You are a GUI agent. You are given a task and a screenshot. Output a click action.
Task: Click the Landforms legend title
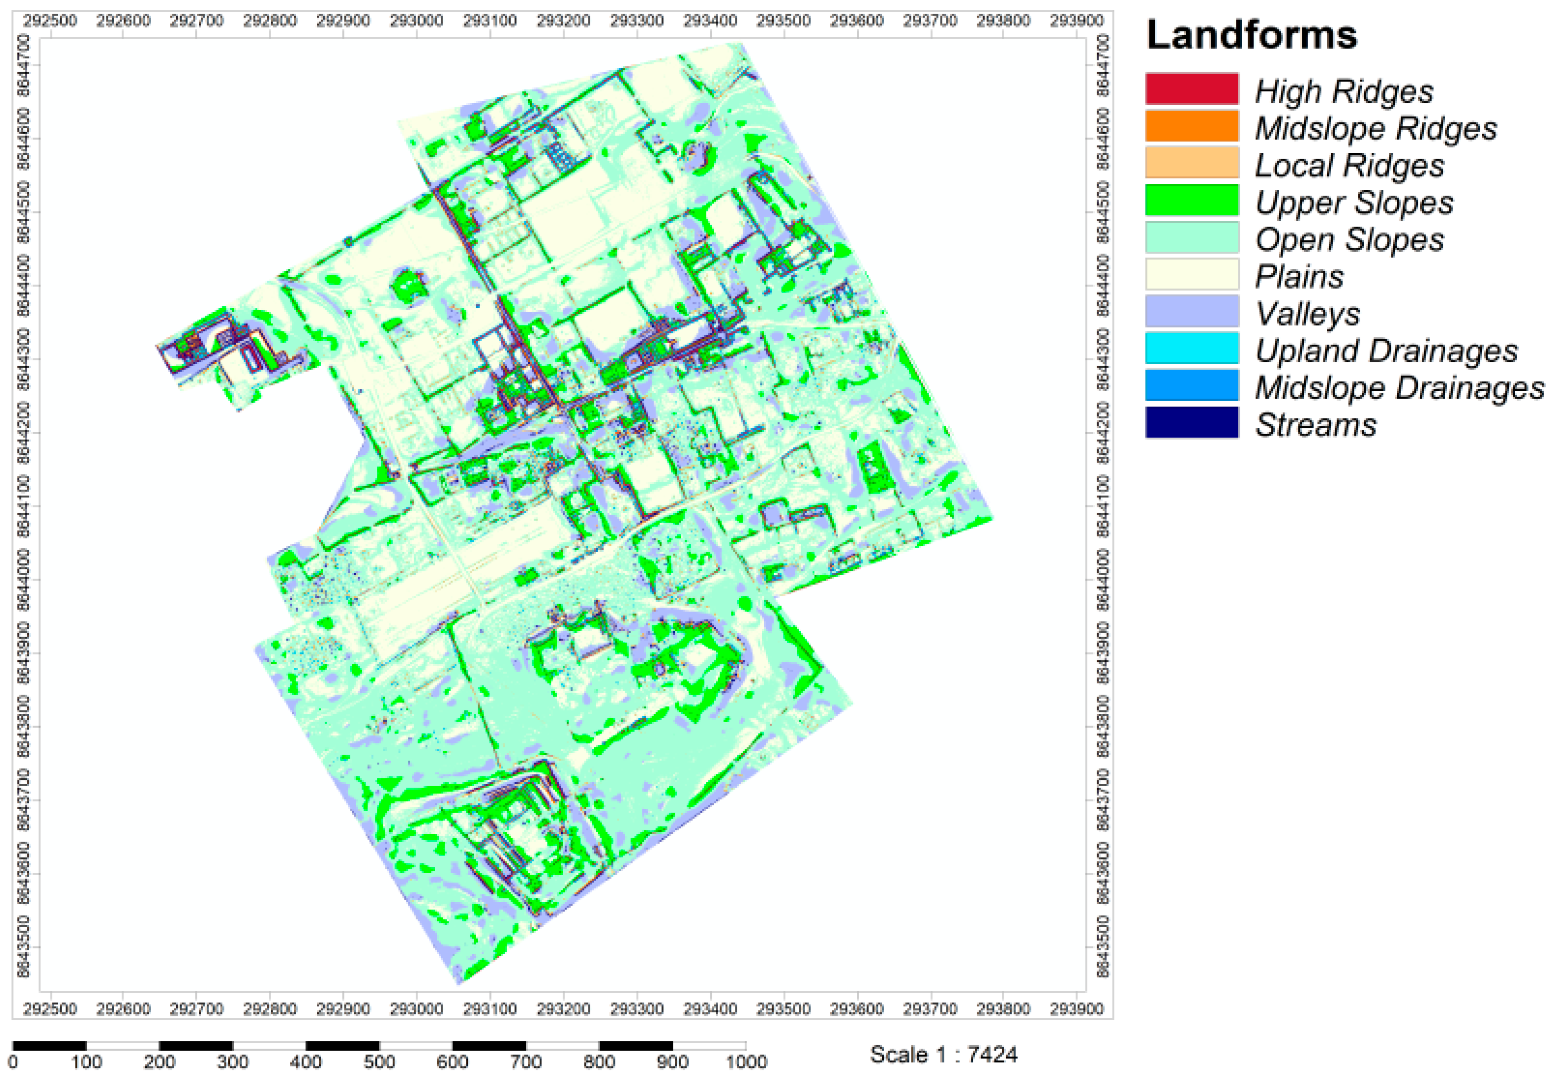click(1251, 35)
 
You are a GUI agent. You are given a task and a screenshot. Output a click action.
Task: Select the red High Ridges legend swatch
click(1192, 89)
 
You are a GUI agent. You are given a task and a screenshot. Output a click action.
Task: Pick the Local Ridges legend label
click(1349, 165)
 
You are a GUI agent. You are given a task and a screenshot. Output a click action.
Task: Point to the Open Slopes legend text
click(1349, 239)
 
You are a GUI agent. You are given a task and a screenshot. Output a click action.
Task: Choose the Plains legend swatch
click(1192, 275)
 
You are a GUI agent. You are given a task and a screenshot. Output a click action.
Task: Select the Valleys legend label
click(1308, 314)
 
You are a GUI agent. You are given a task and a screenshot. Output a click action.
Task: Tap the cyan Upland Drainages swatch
click(1192, 348)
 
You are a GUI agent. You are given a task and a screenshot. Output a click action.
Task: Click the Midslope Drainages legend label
click(1399, 387)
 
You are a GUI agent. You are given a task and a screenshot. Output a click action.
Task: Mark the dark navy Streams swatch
click(1192, 422)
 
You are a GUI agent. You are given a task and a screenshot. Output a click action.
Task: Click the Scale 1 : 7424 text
click(943, 1054)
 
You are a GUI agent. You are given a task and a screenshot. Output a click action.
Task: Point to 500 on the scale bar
click(379, 1062)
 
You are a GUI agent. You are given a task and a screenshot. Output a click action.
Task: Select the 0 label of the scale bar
click(14, 1062)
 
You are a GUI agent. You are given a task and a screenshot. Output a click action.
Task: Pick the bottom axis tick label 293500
click(783, 1008)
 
